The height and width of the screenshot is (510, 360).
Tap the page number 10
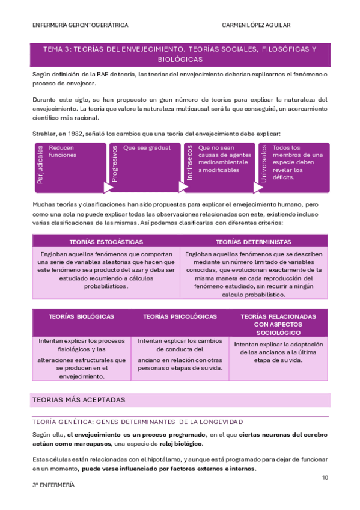(325, 478)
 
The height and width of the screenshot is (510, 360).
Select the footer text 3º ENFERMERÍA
(53, 485)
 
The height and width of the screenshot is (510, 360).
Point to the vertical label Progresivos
(114, 163)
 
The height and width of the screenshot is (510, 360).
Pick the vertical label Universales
(263, 162)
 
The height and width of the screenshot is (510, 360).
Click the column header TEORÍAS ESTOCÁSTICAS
(106, 242)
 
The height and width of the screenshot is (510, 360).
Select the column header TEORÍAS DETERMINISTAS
(253, 242)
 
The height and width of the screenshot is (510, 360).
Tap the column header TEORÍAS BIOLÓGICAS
(81, 316)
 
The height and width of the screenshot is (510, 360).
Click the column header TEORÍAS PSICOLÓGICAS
(180, 316)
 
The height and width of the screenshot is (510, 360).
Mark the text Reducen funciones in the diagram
(63, 151)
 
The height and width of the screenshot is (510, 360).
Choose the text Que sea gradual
(147, 147)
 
